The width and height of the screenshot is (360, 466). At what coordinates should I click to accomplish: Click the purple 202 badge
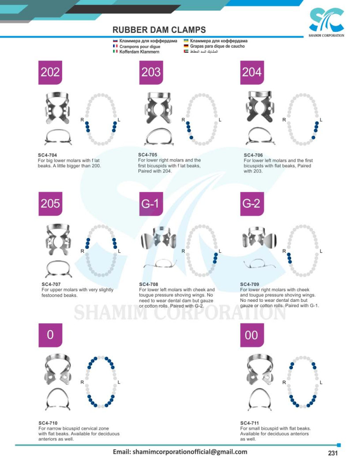pyautogui.click(x=50, y=72)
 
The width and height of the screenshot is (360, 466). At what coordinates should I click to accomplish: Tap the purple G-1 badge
pyautogui.click(x=151, y=204)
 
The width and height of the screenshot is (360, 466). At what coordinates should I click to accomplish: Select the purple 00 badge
pyautogui.click(x=252, y=335)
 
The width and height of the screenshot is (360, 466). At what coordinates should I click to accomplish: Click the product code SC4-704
pyautogui.click(x=47, y=155)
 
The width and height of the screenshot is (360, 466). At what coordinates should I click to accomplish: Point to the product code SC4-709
pyautogui.click(x=250, y=285)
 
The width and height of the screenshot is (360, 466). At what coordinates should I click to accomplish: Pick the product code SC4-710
pyautogui.click(x=48, y=423)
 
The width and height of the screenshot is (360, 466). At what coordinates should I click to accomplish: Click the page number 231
pyautogui.click(x=333, y=453)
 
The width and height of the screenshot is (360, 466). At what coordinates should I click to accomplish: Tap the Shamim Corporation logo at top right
pyautogui.click(x=326, y=23)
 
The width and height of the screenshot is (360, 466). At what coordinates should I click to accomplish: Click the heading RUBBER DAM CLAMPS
pyautogui.click(x=159, y=30)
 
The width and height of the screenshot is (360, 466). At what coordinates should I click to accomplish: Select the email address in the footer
pyautogui.click(x=180, y=452)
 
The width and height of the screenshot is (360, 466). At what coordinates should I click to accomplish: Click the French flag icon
pyautogui.click(x=115, y=46)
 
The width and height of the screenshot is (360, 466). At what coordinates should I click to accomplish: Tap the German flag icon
pyautogui.click(x=186, y=46)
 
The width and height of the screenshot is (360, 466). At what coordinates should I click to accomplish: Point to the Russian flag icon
pyautogui.click(x=115, y=41)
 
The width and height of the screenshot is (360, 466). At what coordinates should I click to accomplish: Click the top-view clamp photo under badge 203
pyautogui.click(x=158, y=108)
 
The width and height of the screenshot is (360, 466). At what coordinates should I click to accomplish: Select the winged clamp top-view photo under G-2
pyautogui.click(x=259, y=237)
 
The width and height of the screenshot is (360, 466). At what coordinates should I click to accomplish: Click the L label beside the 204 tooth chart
pyautogui.click(x=321, y=120)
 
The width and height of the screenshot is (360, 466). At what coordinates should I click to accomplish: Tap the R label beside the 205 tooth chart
pyautogui.click(x=82, y=251)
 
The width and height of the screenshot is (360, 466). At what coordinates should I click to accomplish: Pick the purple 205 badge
pyautogui.click(x=50, y=204)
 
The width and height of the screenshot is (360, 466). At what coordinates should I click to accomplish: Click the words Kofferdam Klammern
pyautogui.click(x=139, y=52)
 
